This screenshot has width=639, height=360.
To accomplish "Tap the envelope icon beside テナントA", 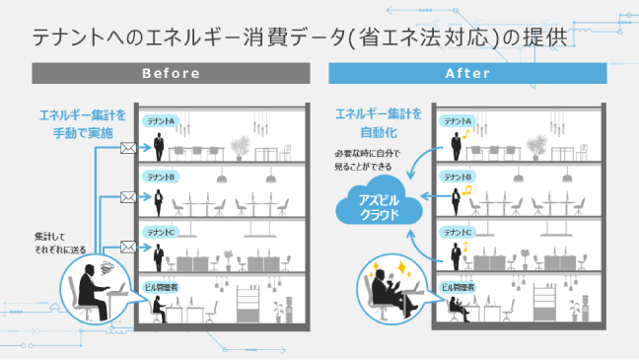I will coord(127,148).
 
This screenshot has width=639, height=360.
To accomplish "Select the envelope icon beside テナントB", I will coord(127,197).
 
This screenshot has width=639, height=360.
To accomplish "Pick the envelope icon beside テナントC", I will coord(127,246).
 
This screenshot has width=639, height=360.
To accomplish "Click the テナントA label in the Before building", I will coord(160,120).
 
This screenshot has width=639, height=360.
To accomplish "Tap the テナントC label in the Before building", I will coord(160,232).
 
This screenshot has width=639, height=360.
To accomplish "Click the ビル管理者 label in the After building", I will coord(460,286).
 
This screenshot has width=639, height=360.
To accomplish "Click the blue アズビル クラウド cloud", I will coord(378,205).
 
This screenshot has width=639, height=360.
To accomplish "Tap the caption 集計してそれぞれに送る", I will coord(59,243).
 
